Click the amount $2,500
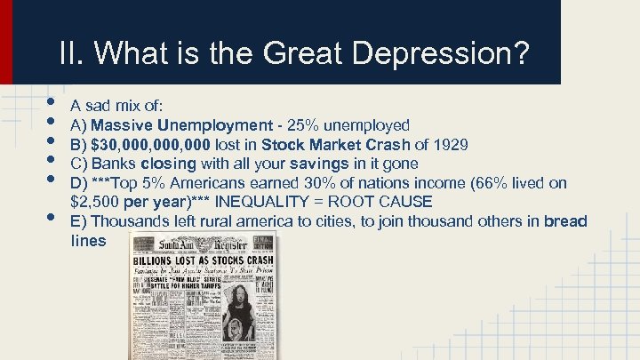tap(92, 202)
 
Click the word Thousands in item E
tap(125, 220)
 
